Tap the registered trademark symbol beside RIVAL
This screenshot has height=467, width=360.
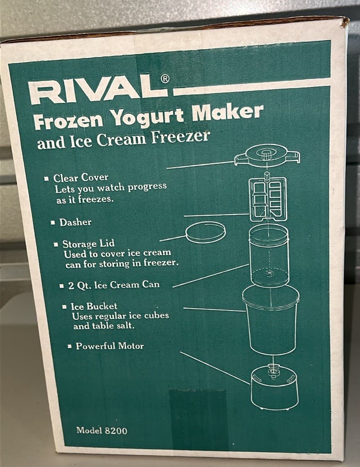click(x=165, y=79)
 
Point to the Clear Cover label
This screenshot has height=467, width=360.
click(x=81, y=178)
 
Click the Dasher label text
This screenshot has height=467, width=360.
click(x=75, y=222)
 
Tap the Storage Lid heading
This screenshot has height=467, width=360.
click(x=88, y=244)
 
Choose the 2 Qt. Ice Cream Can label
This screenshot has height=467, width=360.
click(x=114, y=286)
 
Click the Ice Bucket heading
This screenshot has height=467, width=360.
click(x=94, y=306)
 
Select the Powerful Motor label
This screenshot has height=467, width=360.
click(x=110, y=346)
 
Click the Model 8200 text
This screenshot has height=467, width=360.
click(x=102, y=430)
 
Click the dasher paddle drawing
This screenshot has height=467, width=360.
click(x=268, y=199)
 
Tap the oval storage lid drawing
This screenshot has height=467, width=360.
click(x=205, y=232)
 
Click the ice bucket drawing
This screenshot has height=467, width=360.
click(x=271, y=320)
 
